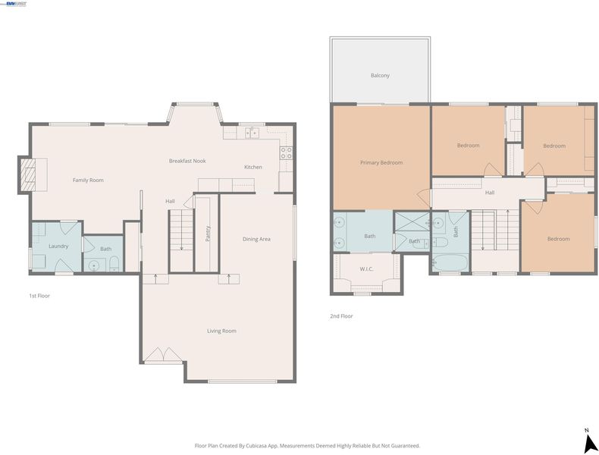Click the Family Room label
click(x=88, y=180)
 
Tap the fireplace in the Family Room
click(x=27, y=174)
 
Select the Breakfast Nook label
click(x=187, y=161)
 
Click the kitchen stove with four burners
click(x=286, y=153)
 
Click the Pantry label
click(x=208, y=234)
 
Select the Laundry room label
click(x=58, y=246)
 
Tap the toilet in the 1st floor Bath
click(x=114, y=264)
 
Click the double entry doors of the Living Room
click(x=163, y=355)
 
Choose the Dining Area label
click(x=256, y=239)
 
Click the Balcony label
click(x=380, y=76)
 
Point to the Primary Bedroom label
click(x=381, y=163)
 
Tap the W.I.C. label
click(x=366, y=269)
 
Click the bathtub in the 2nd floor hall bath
click(x=450, y=262)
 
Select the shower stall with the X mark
click(x=412, y=221)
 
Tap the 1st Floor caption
click(x=39, y=296)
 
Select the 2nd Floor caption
click(x=341, y=316)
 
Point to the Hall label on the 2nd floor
click(x=490, y=193)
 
